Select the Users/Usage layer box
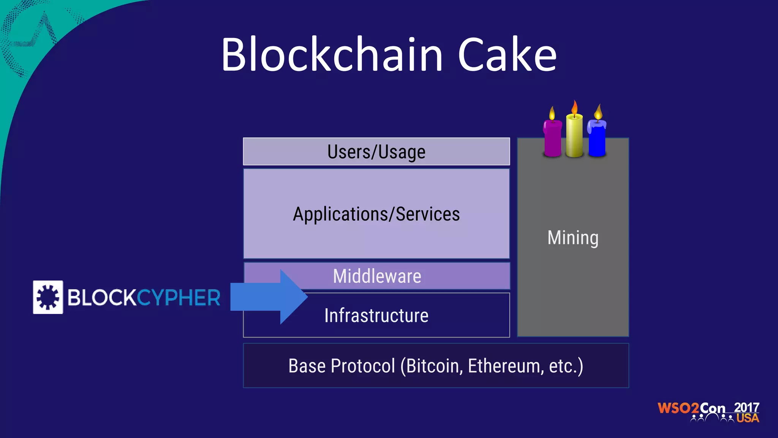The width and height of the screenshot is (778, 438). [376, 152]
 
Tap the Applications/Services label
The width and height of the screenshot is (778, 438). [376, 214]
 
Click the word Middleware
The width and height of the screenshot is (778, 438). [377, 276]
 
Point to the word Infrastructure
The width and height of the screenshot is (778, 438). [376, 316]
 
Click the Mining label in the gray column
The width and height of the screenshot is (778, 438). [573, 238]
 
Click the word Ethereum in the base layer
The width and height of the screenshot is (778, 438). [504, 366]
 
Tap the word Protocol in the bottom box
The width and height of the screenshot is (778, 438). [362, 366]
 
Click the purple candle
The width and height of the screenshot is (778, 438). [552, 138]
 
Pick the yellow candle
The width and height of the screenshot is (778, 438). [574, 135]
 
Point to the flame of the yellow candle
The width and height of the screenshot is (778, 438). [575, 107]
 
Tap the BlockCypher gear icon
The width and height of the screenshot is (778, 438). [48, 297]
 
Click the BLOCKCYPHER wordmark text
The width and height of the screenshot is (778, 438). [144, 297]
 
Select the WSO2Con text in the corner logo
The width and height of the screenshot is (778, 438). [691, 408]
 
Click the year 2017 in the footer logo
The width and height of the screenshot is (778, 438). [746, 407]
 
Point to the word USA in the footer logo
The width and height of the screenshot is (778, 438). [748, 418]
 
